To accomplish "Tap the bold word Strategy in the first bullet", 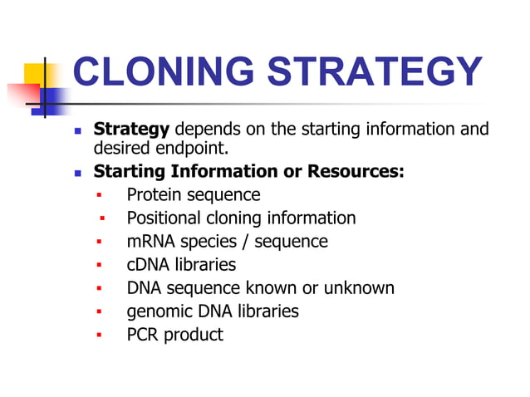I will (131, 130).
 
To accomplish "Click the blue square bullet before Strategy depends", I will (78, 131).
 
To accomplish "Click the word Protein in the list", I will (154, 195).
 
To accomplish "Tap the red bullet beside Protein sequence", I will (98, 196).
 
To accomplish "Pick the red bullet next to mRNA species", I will (98, 243).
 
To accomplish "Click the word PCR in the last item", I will (144, 335).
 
